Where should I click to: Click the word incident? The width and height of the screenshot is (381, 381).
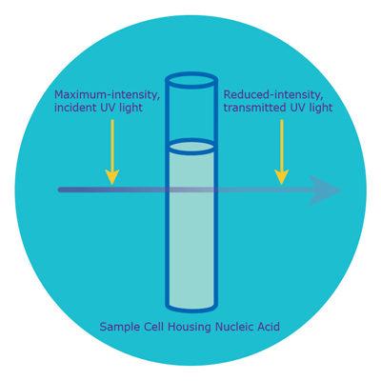(74, 108)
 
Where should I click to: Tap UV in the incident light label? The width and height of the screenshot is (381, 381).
(106, 108)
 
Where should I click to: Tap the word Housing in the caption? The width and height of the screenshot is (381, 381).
(190, 327)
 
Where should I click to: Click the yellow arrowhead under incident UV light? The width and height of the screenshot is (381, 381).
(112, 177)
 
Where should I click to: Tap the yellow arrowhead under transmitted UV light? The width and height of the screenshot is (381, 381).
(282, 177)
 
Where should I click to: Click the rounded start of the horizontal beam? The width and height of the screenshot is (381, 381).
(60, 190)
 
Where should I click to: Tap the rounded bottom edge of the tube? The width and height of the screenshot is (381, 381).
(191, 308)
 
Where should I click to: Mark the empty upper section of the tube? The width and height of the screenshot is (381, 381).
(191, 114)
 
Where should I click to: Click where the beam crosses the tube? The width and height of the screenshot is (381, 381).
(191, 190)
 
